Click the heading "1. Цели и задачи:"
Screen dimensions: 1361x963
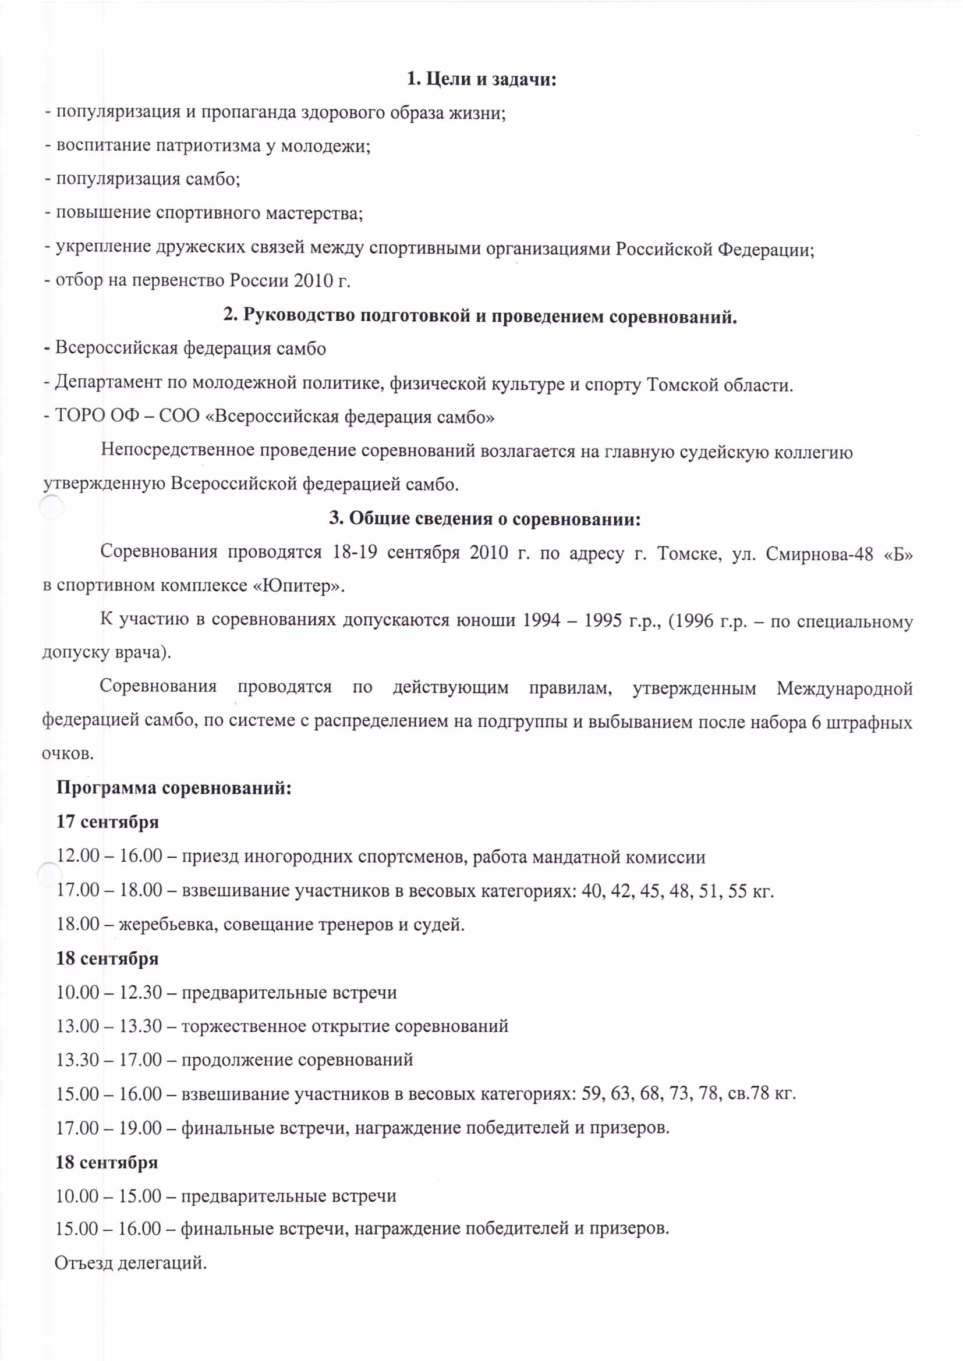(481, 79)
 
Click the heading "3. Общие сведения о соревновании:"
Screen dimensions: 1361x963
(485, 518)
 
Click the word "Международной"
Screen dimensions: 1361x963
(844, 688)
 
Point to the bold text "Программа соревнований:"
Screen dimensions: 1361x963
(174, 788)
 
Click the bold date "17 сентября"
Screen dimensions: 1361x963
(107, 822)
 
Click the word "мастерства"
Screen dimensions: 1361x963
(314, 213)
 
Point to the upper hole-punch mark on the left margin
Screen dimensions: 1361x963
(52, 507)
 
